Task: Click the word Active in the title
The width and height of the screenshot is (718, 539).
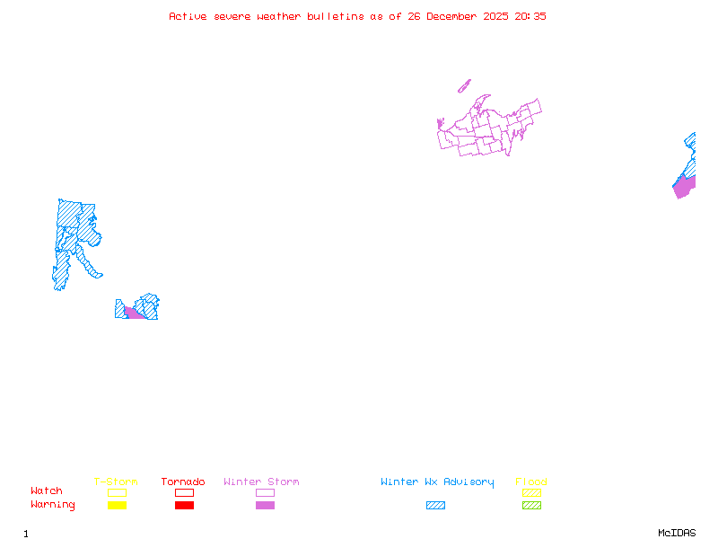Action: pos(187,16)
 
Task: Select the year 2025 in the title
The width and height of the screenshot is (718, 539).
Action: pos(497,16)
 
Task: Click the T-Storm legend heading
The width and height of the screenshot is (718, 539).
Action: pos(116,482)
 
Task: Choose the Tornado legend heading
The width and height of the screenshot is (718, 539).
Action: pos(183,482)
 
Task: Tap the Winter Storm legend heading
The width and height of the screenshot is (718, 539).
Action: pos(261,482)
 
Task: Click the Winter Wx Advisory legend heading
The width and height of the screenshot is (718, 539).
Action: pos(437,482)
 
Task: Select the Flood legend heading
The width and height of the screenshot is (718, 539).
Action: pos(531,482)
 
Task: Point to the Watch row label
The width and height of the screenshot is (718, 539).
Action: pos(47,490)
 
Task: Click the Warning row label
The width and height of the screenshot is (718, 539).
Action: pos(53,505)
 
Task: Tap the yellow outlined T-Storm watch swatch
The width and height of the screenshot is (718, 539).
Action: pos(117,492)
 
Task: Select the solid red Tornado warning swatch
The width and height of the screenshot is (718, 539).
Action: pos(184,505)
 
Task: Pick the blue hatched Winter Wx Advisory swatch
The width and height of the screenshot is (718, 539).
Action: pos(435,505)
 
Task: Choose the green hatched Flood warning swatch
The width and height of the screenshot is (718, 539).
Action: pos(531,505)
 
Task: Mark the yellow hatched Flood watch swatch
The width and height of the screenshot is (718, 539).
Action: pos(531,492)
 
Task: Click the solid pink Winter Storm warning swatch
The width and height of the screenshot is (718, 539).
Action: pos(265,505)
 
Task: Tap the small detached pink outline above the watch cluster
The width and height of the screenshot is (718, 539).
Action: pos(464,86)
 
